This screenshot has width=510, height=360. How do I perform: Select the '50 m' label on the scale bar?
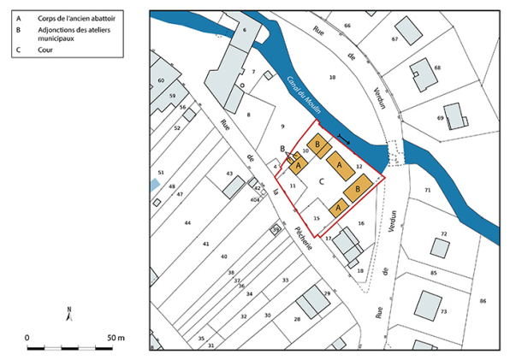point(116,338)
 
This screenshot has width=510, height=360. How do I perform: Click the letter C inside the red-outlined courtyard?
point(320,181)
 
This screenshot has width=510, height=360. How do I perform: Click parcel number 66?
point(347,26)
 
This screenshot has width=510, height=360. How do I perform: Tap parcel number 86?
point(483,301)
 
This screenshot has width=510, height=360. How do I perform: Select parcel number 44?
point(187,222)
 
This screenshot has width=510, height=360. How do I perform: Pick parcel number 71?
point(426,189)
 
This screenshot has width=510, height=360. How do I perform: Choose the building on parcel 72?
point(440,247)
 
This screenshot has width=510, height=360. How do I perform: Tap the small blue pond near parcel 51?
point(153,184)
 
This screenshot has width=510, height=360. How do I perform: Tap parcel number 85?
point(433,273)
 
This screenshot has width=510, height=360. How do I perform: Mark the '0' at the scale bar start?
point(27,338)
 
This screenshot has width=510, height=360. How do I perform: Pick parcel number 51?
point(160,173)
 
